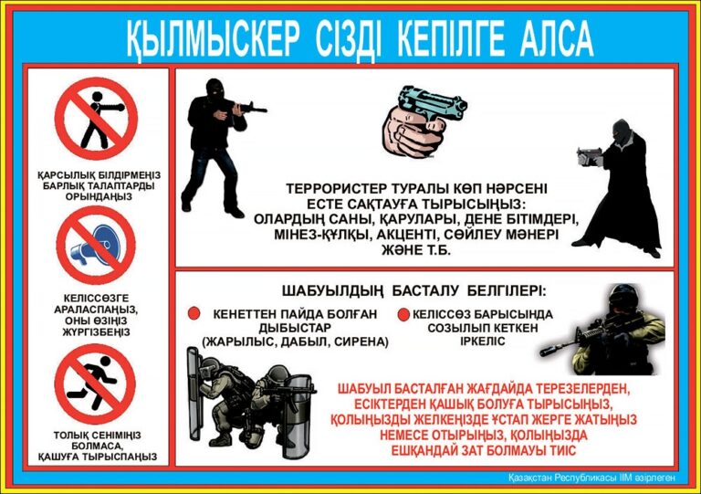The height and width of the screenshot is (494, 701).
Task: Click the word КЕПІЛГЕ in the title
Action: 451,39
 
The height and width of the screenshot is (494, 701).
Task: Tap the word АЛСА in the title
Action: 557,39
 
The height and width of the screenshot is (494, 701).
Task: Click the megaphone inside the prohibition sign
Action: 92,245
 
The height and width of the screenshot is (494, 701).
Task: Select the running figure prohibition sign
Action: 95,384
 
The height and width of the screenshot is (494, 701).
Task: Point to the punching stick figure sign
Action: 96,119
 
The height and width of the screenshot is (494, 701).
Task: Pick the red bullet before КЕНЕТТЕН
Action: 194,313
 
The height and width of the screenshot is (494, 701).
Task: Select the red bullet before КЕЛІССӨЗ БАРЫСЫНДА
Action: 403,314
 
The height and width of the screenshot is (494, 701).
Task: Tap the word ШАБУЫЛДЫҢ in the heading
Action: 332,291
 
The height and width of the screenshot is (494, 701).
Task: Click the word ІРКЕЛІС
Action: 482,342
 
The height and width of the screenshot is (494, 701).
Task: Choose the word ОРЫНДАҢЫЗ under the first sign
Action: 99,197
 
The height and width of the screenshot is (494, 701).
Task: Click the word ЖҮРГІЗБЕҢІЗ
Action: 96,332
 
